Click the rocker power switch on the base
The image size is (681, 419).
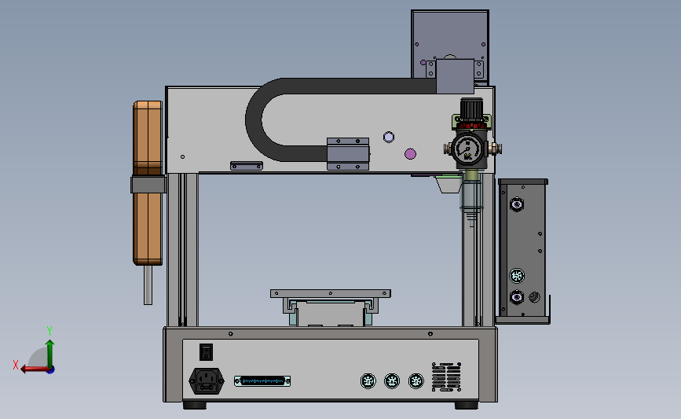207,351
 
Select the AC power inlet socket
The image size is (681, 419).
207,381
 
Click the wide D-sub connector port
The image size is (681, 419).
262,381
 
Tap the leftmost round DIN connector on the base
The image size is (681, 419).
366,381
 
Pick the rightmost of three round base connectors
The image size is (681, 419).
416,381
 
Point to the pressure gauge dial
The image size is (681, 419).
467,148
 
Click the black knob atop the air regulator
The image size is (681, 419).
471,108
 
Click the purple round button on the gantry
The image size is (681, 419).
409,153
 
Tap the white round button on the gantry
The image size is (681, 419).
387,137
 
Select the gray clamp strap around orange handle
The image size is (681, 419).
148,184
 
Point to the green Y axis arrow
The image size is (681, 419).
49,346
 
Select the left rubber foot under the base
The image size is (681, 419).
196,405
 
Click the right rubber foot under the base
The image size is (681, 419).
466,405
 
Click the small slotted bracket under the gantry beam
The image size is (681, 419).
246,166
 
